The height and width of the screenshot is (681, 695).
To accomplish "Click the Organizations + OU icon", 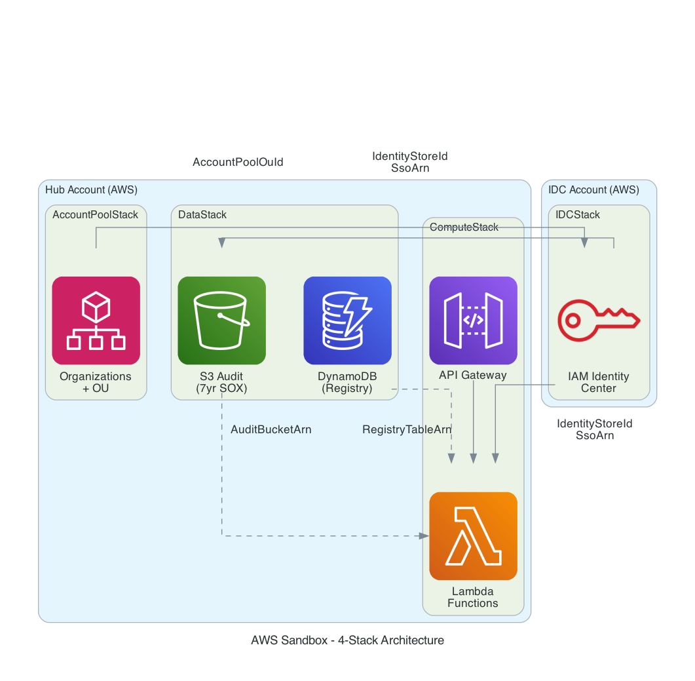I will tap(96, 321).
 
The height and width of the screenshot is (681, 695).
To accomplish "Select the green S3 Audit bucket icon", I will tap(221, 321).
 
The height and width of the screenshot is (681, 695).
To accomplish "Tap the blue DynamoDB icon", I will tap(347, 321).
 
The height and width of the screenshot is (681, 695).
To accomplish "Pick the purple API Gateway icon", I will tap(473, 321).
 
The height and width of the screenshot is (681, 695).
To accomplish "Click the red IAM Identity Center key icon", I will tap(598, 321).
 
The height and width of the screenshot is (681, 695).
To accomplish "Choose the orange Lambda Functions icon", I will tap(473, 536).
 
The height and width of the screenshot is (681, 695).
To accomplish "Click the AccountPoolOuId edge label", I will tap(238, 162).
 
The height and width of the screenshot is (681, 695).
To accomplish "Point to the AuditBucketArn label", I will tap(271, 430).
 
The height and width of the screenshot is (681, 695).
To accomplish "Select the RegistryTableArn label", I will tap(407, 430).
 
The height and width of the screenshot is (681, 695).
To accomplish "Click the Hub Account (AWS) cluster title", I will tap(91, 190).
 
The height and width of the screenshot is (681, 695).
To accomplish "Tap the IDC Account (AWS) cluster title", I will tap(593, 190).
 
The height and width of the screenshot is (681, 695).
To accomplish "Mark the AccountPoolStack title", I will tap(96, 215).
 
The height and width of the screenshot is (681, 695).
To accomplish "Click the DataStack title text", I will tap(202, 215).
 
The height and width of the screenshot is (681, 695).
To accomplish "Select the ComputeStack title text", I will tap(464, 227).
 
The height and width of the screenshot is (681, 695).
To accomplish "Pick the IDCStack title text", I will tap(578, 215).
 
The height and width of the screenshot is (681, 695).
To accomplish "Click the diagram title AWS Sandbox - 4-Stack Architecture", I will tap(347, 640).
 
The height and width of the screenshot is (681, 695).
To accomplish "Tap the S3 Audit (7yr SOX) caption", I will tap(221, 382).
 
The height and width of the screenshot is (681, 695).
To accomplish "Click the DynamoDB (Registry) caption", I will tap(347, 382).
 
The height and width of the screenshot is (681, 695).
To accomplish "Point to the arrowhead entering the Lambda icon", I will tap(424, 536).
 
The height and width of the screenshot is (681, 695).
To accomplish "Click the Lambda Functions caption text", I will tap(473, 597).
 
